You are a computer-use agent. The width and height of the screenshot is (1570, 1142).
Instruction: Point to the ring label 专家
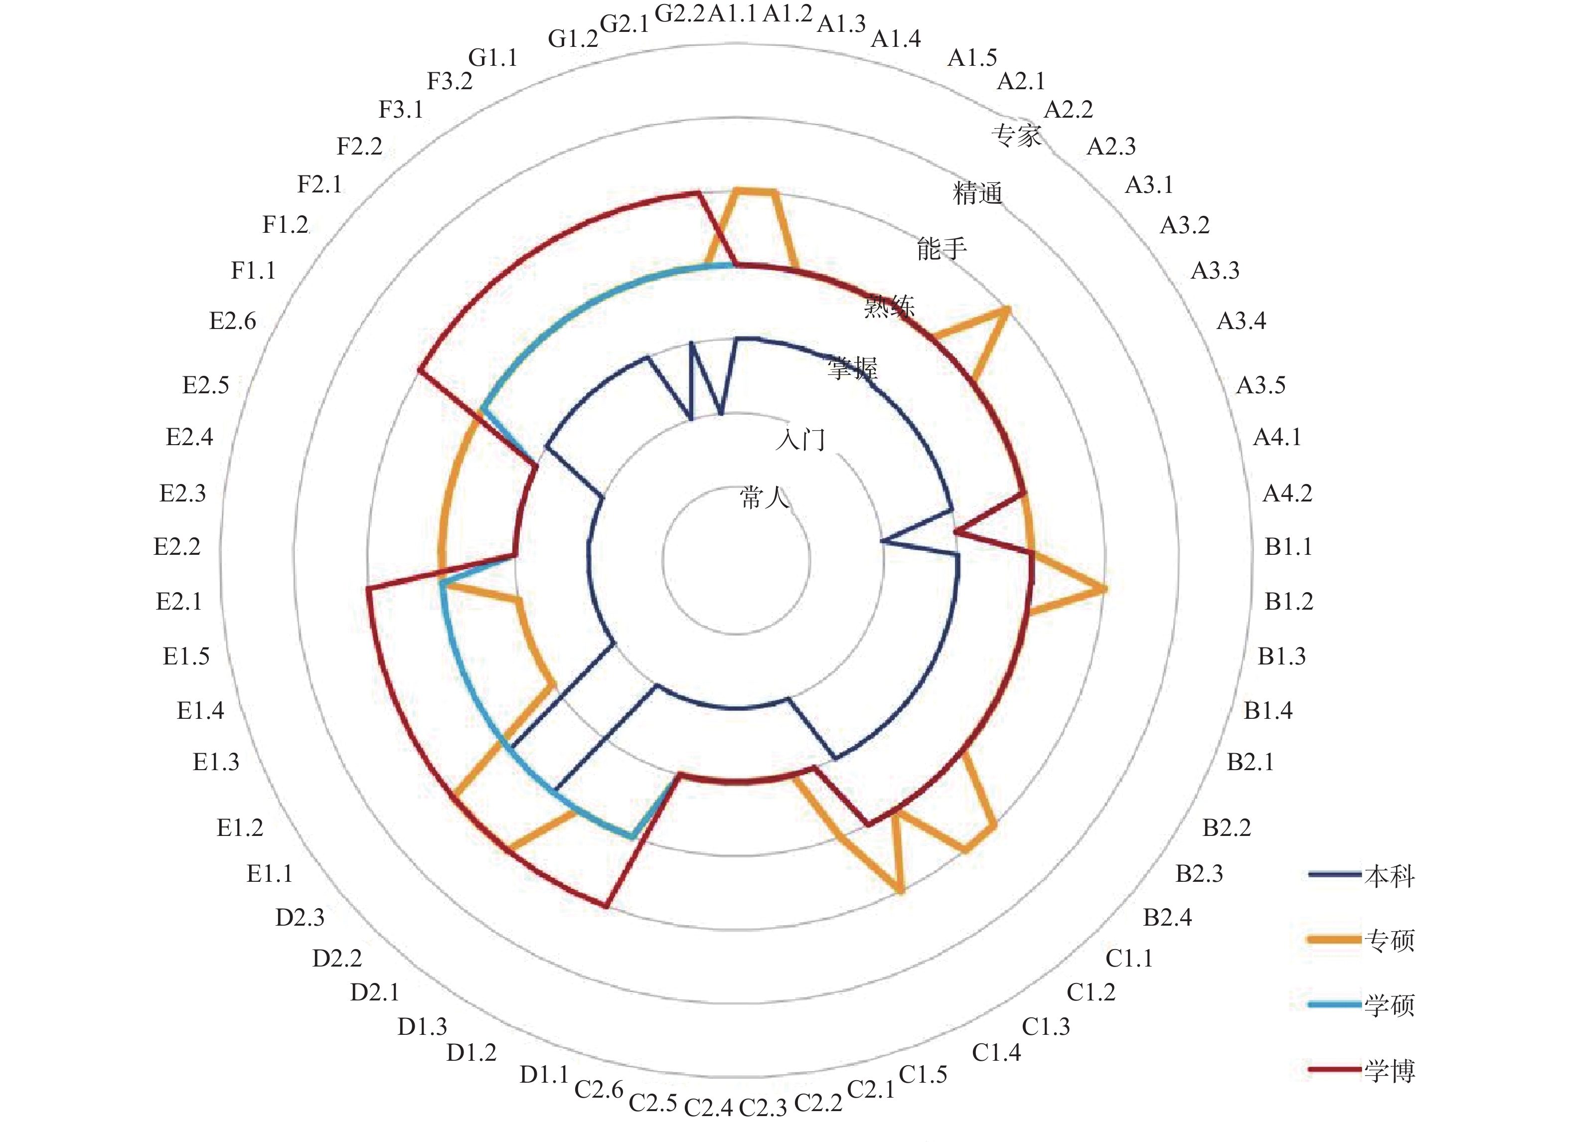(1016, 135)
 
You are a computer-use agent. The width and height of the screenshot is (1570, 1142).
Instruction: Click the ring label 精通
(977, 192)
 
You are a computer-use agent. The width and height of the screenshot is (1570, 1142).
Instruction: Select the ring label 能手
(941, 248)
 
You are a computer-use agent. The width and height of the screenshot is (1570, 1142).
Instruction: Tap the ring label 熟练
(889, 305)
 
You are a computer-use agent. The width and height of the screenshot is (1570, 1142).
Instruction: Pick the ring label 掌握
(852, 367)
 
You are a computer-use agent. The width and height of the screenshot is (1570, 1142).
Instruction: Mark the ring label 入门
(800, 439)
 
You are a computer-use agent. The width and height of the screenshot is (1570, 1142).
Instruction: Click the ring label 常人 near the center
(764, 497)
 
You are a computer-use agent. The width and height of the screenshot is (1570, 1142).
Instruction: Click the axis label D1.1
(544, 1074)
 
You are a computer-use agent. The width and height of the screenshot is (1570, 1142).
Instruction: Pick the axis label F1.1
(253, 270)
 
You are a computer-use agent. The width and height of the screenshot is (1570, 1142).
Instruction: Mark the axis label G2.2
(679, 14)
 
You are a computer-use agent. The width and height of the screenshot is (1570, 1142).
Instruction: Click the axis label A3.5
(1260, 385)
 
